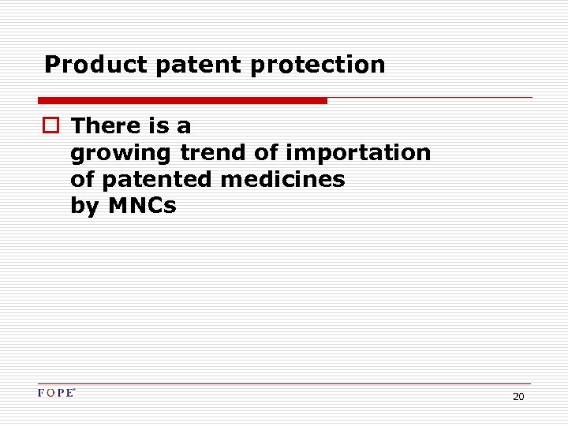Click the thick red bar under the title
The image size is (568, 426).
182,100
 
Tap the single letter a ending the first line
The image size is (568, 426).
184,127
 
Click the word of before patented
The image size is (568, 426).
82,179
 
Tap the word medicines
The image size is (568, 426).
282,179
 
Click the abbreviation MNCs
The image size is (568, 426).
142,206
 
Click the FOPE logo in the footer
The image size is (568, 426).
56,393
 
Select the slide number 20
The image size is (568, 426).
518,397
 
